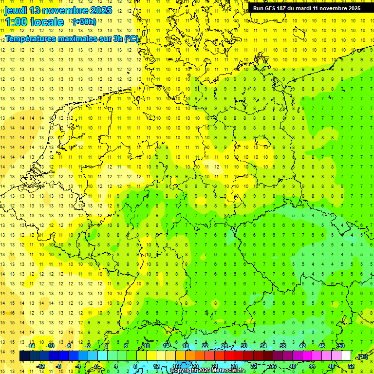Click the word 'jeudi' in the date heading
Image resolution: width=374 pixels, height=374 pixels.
tap(16, 10)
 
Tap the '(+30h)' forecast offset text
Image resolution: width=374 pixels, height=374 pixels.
tap(84, 22)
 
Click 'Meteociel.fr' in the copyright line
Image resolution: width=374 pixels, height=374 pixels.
tap(225, 371)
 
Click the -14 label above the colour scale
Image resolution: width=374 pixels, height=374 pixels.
tap(31, 346)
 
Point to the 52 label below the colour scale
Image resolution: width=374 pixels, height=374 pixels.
tap(351, 366)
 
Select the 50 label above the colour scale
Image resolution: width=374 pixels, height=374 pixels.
tap(341, 346)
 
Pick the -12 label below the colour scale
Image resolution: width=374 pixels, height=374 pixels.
tap(40, 366)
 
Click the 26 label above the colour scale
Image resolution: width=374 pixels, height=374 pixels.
tap(224, 346)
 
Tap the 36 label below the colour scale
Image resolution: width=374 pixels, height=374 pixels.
tap(273, 366)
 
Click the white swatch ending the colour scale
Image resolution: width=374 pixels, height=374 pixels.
tap(346, 356)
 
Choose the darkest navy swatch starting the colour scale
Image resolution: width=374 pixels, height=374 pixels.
tap(24, 356)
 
